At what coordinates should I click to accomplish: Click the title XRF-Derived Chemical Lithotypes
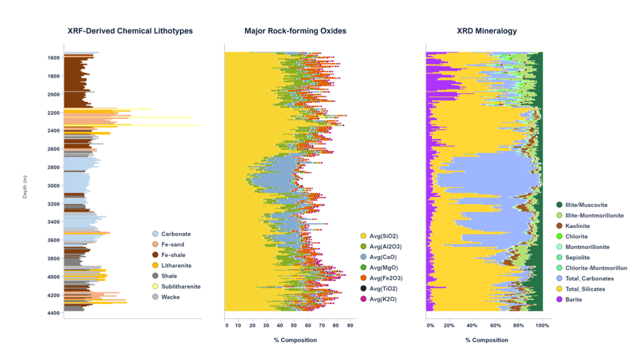tap(130, 31)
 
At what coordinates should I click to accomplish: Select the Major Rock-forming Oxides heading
tap(295, 31)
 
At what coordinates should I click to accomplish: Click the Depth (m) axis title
tap(25, 186)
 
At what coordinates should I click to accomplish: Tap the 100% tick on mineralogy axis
tap(542, 326)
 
